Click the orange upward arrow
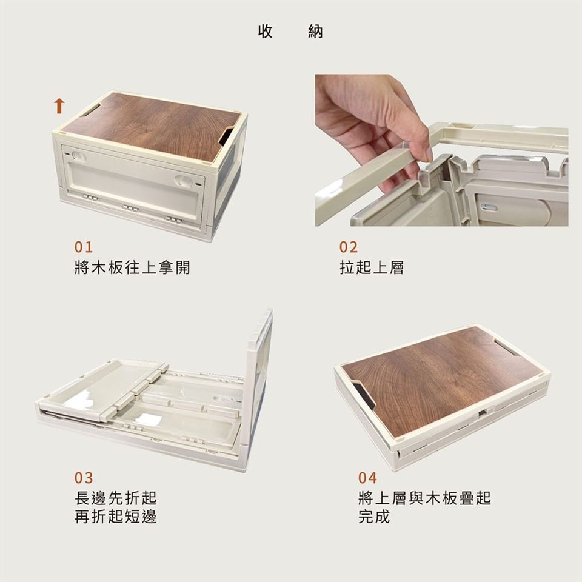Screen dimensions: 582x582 (59, 105)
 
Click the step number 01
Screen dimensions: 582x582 (84, 247)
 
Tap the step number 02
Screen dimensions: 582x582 (349, 247)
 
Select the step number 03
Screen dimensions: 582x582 (84, 478)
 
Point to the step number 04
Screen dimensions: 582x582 (367, 478)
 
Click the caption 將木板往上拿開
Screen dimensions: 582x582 (132, 267)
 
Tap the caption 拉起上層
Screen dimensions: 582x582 (372, 267)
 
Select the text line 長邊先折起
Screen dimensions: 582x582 (116, 498)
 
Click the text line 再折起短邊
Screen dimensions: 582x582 (116, 517)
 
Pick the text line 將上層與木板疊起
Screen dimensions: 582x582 (424, 498)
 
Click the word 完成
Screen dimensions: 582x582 (374, 517)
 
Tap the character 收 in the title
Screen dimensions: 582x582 (266, 32)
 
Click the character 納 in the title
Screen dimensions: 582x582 (315, 32)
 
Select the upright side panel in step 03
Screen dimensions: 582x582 (260, 386)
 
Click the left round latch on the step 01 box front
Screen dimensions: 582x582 (79, 156)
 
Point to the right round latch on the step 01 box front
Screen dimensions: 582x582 (183, 181)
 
